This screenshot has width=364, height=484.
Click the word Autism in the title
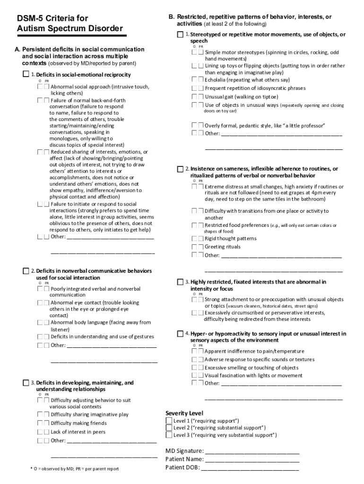pos(30,29)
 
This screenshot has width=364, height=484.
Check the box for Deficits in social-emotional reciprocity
pos(26,75)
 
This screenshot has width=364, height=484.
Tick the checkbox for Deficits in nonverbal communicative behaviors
pos(26,271)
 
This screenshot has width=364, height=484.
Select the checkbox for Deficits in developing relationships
pos(26,382)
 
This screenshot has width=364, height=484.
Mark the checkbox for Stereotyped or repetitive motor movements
pos(180,35)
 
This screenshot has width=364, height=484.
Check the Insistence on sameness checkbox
pos(180,169)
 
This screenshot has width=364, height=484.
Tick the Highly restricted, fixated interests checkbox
pos(180,282)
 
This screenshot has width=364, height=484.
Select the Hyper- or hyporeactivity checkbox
pos(180,334)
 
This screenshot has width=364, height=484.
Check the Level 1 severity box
pos(169,421)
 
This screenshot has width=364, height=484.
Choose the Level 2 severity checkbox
pos(169,428)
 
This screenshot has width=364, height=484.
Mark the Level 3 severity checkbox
pos(169,435)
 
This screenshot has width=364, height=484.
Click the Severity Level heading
pos(184,413)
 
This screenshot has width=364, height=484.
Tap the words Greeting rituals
pos(223,247)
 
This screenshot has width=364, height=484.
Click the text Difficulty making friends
pos(79,423)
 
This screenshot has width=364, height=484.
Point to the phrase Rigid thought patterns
pos(231,239)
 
